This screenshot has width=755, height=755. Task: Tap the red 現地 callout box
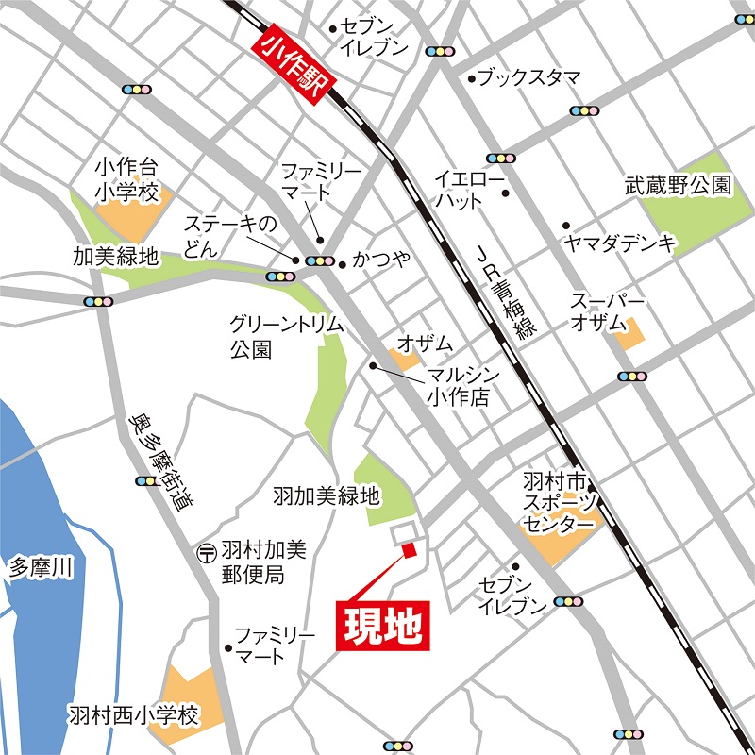coord(383,624)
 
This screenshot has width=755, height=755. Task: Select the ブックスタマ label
coord(528,78)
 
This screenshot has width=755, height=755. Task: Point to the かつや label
coord(381,259)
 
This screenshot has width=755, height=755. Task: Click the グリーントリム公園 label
coord(286,336)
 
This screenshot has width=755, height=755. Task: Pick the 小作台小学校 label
coord(126,178)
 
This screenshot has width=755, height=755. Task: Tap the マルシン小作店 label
coord(458,386)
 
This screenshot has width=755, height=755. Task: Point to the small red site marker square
coord(409,550)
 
